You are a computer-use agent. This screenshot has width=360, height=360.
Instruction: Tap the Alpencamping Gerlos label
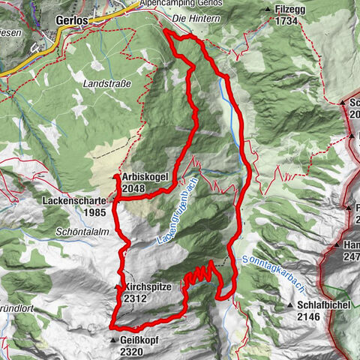pyautogui.click(x=177, y=4)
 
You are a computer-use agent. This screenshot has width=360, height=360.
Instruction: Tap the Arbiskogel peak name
pyautogui.click(x=145, y=178)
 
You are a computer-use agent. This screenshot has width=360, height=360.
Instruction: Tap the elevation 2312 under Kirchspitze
pyautogui.click(x=140, y=298)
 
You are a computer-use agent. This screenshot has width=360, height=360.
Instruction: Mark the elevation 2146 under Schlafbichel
pyautogui.click(x=314, y=317)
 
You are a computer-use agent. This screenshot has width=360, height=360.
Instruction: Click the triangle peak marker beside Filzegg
pyautogui.click(x=268, y=10)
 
